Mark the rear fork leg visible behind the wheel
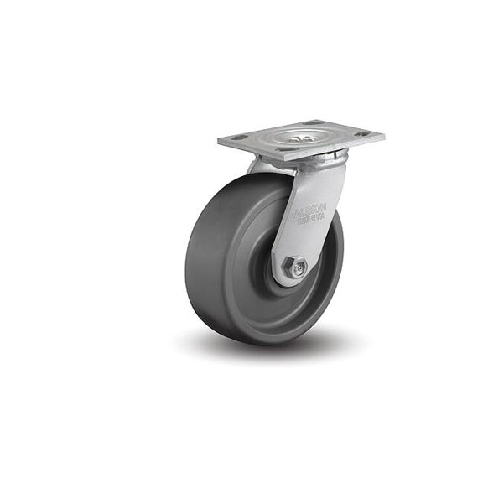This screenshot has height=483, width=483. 255,167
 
